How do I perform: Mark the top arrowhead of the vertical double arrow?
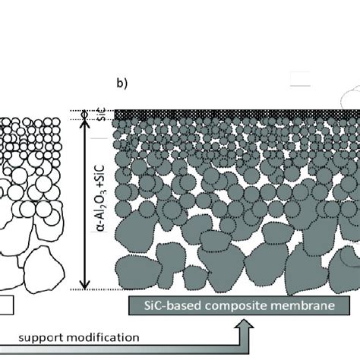pyautogui.click(x=86, y=122)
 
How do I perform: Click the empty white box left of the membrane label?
pyautogui.click(x=7, y=305)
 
